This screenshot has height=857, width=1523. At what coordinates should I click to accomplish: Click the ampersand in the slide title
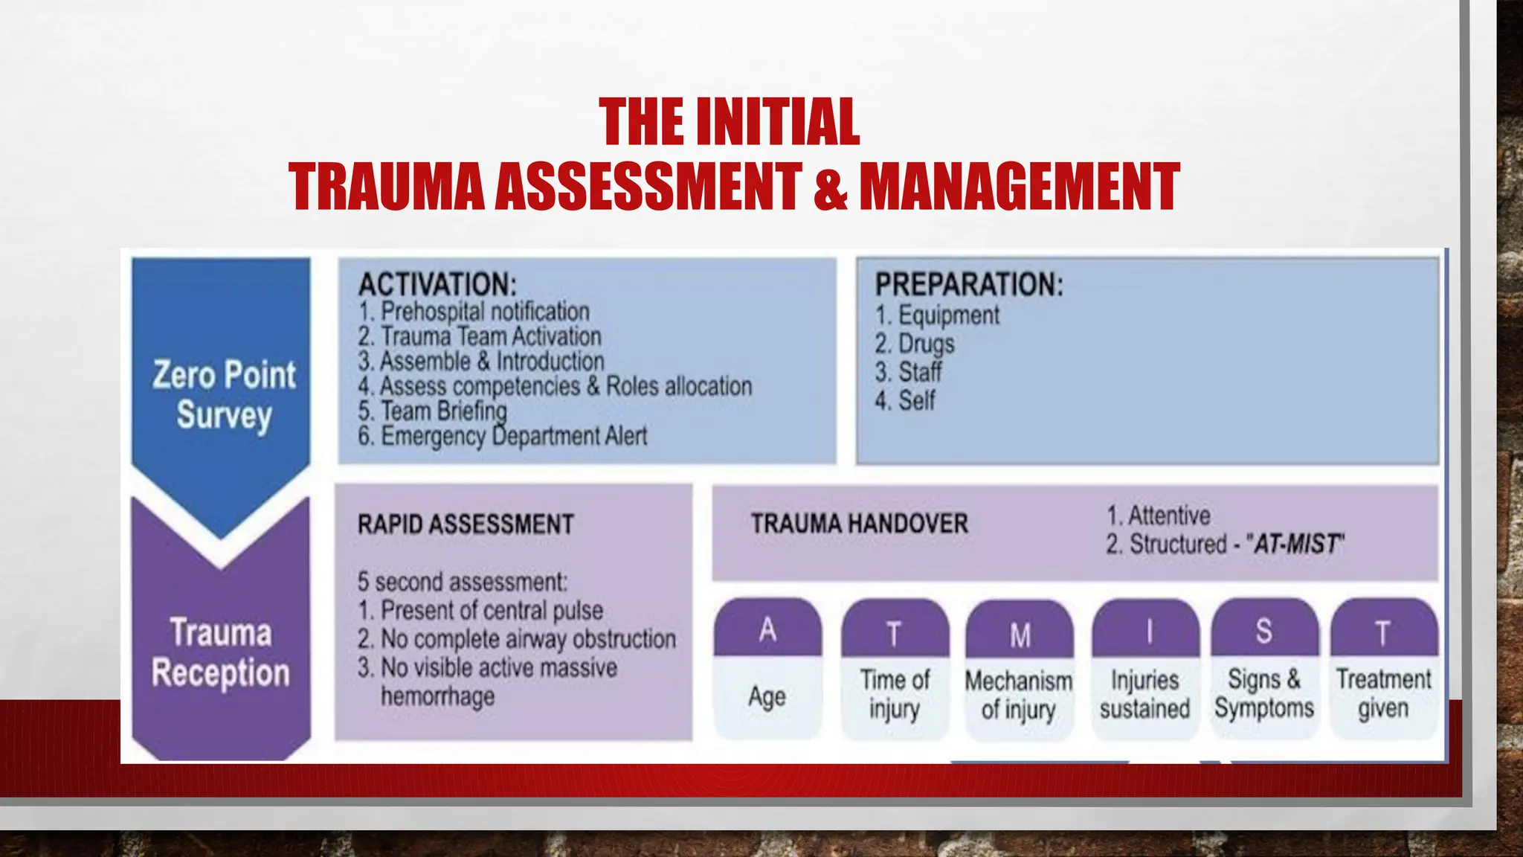(831, 186)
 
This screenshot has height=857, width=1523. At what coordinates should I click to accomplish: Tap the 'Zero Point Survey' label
(224, 394)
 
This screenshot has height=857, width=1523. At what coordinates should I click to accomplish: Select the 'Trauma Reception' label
(221, 652)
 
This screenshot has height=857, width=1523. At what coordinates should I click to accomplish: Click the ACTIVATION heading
(437, 285)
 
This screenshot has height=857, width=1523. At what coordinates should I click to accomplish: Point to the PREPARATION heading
(969, 285)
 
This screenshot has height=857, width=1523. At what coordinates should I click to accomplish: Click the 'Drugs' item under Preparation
(926, 344)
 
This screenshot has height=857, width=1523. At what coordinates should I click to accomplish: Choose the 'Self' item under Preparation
(916, 401)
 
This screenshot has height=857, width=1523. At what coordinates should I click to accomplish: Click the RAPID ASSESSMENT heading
(466, 524)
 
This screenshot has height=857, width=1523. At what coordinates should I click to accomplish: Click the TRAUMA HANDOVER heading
(859, 524)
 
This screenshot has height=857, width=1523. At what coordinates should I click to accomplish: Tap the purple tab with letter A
(767, 629)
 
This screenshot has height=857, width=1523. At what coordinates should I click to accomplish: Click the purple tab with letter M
(1020, 634)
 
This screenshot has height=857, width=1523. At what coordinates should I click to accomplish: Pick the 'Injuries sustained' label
(1144, 694)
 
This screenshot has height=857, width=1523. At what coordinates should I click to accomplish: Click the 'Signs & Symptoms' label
(1264, 693)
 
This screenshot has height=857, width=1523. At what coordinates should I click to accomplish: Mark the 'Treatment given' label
(1383, 693)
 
